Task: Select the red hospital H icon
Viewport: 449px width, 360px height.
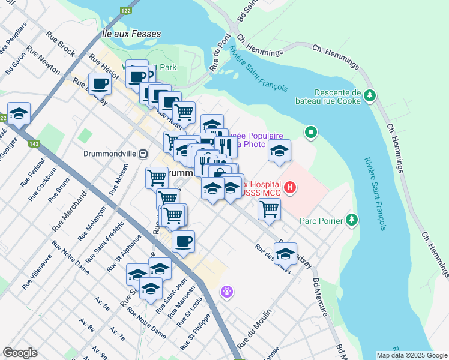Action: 290,188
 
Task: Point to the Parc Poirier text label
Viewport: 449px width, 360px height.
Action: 321,221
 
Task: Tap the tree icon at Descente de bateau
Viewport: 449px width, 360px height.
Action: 370,95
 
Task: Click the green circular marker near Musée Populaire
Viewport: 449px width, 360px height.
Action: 310,131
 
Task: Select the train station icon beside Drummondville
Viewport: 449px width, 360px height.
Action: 143,154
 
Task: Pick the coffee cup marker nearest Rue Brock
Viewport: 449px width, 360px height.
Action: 100,83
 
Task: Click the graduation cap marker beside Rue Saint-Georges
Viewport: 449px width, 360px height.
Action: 19,113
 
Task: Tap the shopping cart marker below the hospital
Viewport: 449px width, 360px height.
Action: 269,209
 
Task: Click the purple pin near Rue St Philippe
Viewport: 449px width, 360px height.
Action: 226,292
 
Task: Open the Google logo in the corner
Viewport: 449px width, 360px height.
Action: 20,353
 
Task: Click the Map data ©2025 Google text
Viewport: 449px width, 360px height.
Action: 411,355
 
